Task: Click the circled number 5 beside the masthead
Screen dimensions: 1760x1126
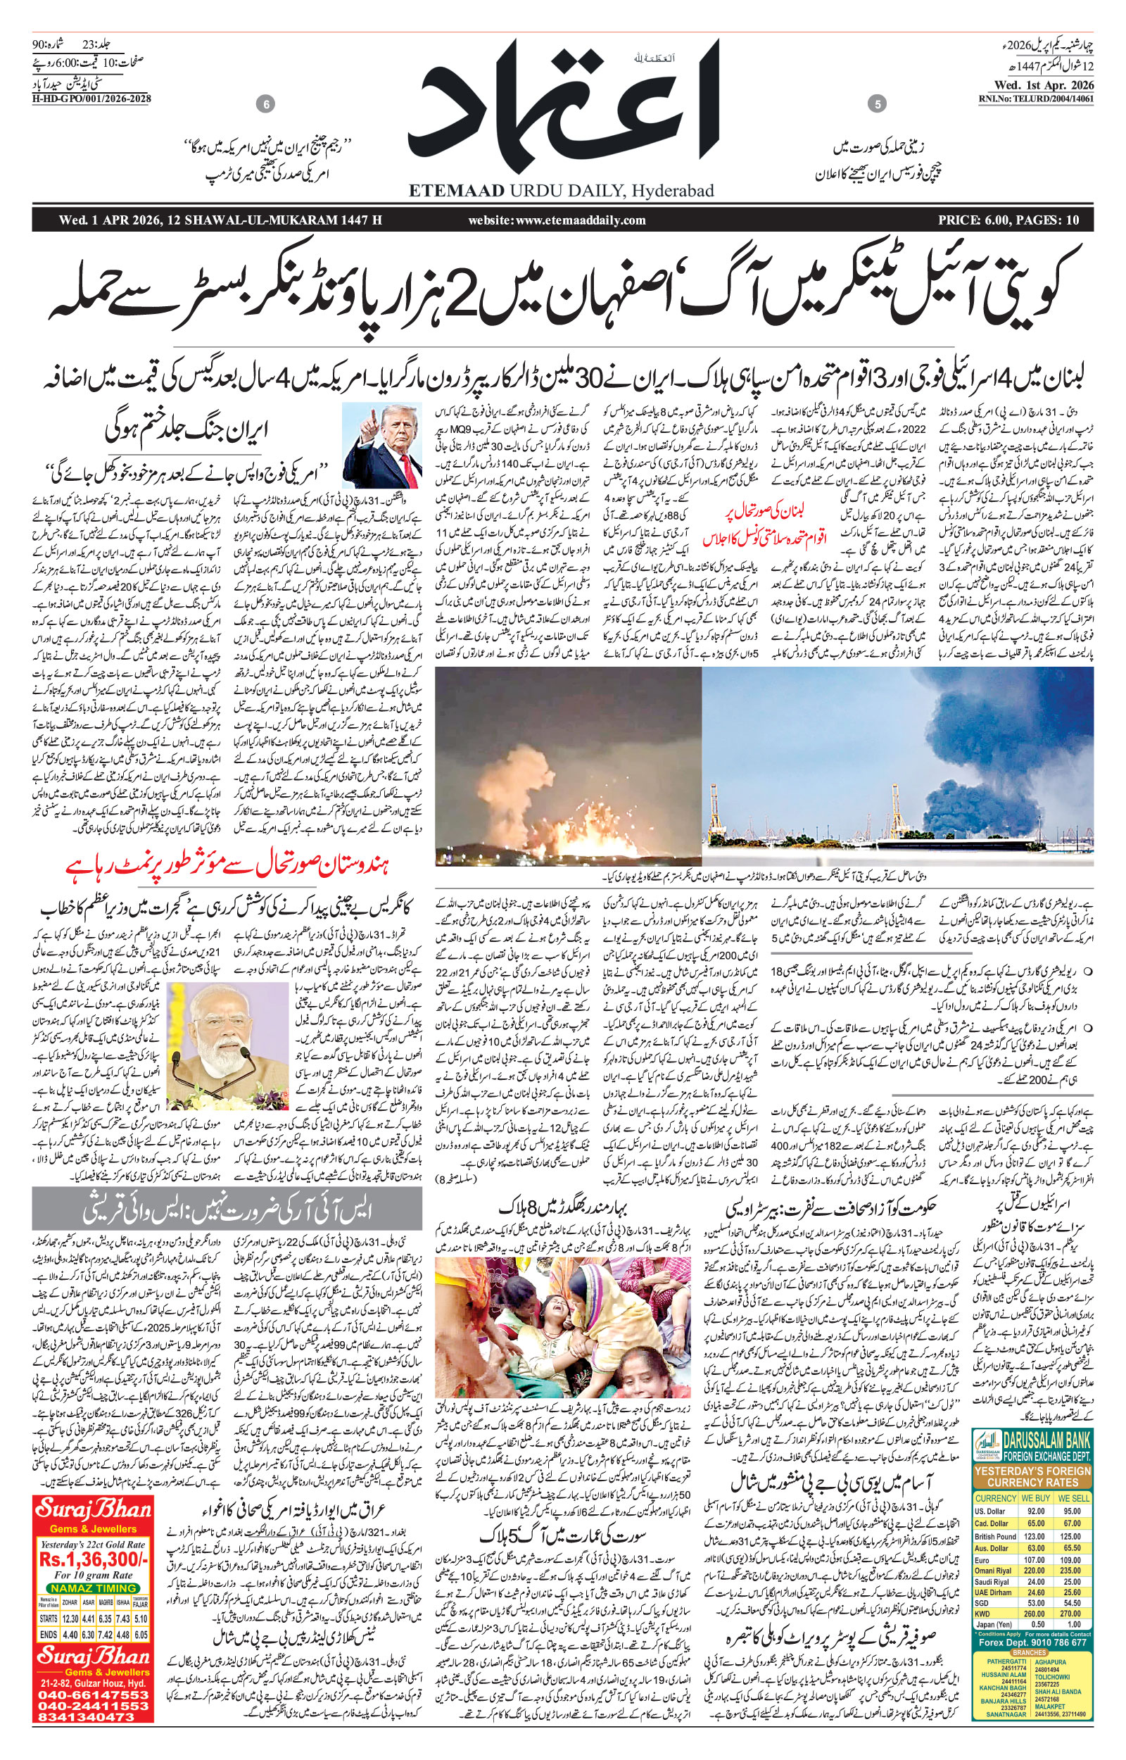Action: click(x=876, y=105)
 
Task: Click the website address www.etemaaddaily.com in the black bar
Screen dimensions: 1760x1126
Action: click(x=557, y=220)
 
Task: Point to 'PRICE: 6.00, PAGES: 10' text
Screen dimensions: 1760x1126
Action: click(x=1009, y=220)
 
